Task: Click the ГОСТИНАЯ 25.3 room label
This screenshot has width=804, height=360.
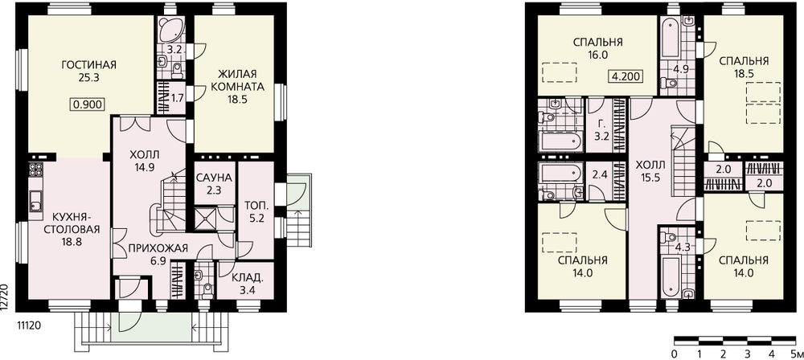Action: click(88, 72)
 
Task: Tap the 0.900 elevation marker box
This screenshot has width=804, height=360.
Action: click(88, 105)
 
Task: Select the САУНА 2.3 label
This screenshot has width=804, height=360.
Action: click(215, 183)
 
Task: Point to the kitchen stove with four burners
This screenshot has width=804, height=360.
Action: click(36, 170)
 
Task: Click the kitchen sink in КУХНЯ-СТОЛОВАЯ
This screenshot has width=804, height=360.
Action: click(36, 201)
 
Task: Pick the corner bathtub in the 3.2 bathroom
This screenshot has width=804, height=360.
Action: click(170, 31)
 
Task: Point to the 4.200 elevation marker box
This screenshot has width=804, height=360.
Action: click(626, 76)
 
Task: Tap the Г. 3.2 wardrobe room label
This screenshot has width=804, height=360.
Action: click(602, 130)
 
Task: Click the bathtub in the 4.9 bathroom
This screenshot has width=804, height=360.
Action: click(671, 38)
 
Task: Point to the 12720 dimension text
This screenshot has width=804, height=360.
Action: click(4, 297)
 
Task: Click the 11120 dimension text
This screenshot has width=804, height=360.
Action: click(30, 325)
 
